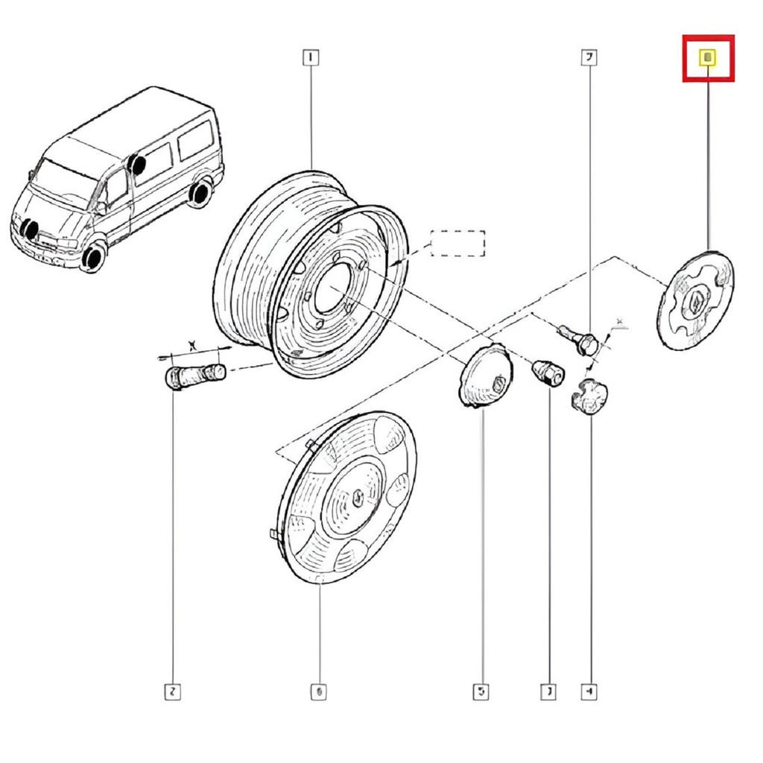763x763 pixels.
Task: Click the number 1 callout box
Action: point(310,57)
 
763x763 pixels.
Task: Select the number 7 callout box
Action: point(589,57)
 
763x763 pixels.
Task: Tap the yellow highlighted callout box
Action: point(709,57)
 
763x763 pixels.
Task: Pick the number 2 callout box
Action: point(172,692)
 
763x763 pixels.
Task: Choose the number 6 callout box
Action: point(318,692)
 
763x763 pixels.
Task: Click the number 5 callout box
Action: point(481,692)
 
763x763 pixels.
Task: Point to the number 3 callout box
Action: point(549,692)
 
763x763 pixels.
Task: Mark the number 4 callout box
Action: point(589,692)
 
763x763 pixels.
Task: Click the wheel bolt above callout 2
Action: point(194,372)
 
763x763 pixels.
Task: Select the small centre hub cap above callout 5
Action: point(482,377)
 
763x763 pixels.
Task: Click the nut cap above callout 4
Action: point(590,394)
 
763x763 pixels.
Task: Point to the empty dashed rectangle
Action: point(458,244)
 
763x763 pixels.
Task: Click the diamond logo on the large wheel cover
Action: point(358,498)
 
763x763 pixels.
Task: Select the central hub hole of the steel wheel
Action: point(328,290)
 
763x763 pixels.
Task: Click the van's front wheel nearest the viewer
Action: point(93,258)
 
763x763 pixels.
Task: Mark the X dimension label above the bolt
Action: point(193,344)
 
